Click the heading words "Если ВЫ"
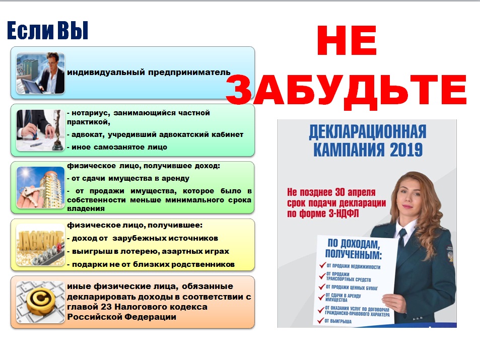point(47,30)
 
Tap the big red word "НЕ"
point(347,40)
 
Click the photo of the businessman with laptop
point(40,73)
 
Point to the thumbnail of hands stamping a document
point(40,130)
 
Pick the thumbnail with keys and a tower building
point(40,187)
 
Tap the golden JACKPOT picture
point(40,245)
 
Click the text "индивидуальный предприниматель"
point(149,73)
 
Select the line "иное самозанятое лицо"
point(117,147)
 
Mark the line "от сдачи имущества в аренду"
point(128,178)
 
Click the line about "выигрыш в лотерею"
point(148,251)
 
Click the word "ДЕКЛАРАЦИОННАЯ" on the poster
point(367,131)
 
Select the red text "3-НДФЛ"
point(344,213)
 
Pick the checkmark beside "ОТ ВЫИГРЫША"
point(320,321)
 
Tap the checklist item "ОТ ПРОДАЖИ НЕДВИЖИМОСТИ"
point(353,267)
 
